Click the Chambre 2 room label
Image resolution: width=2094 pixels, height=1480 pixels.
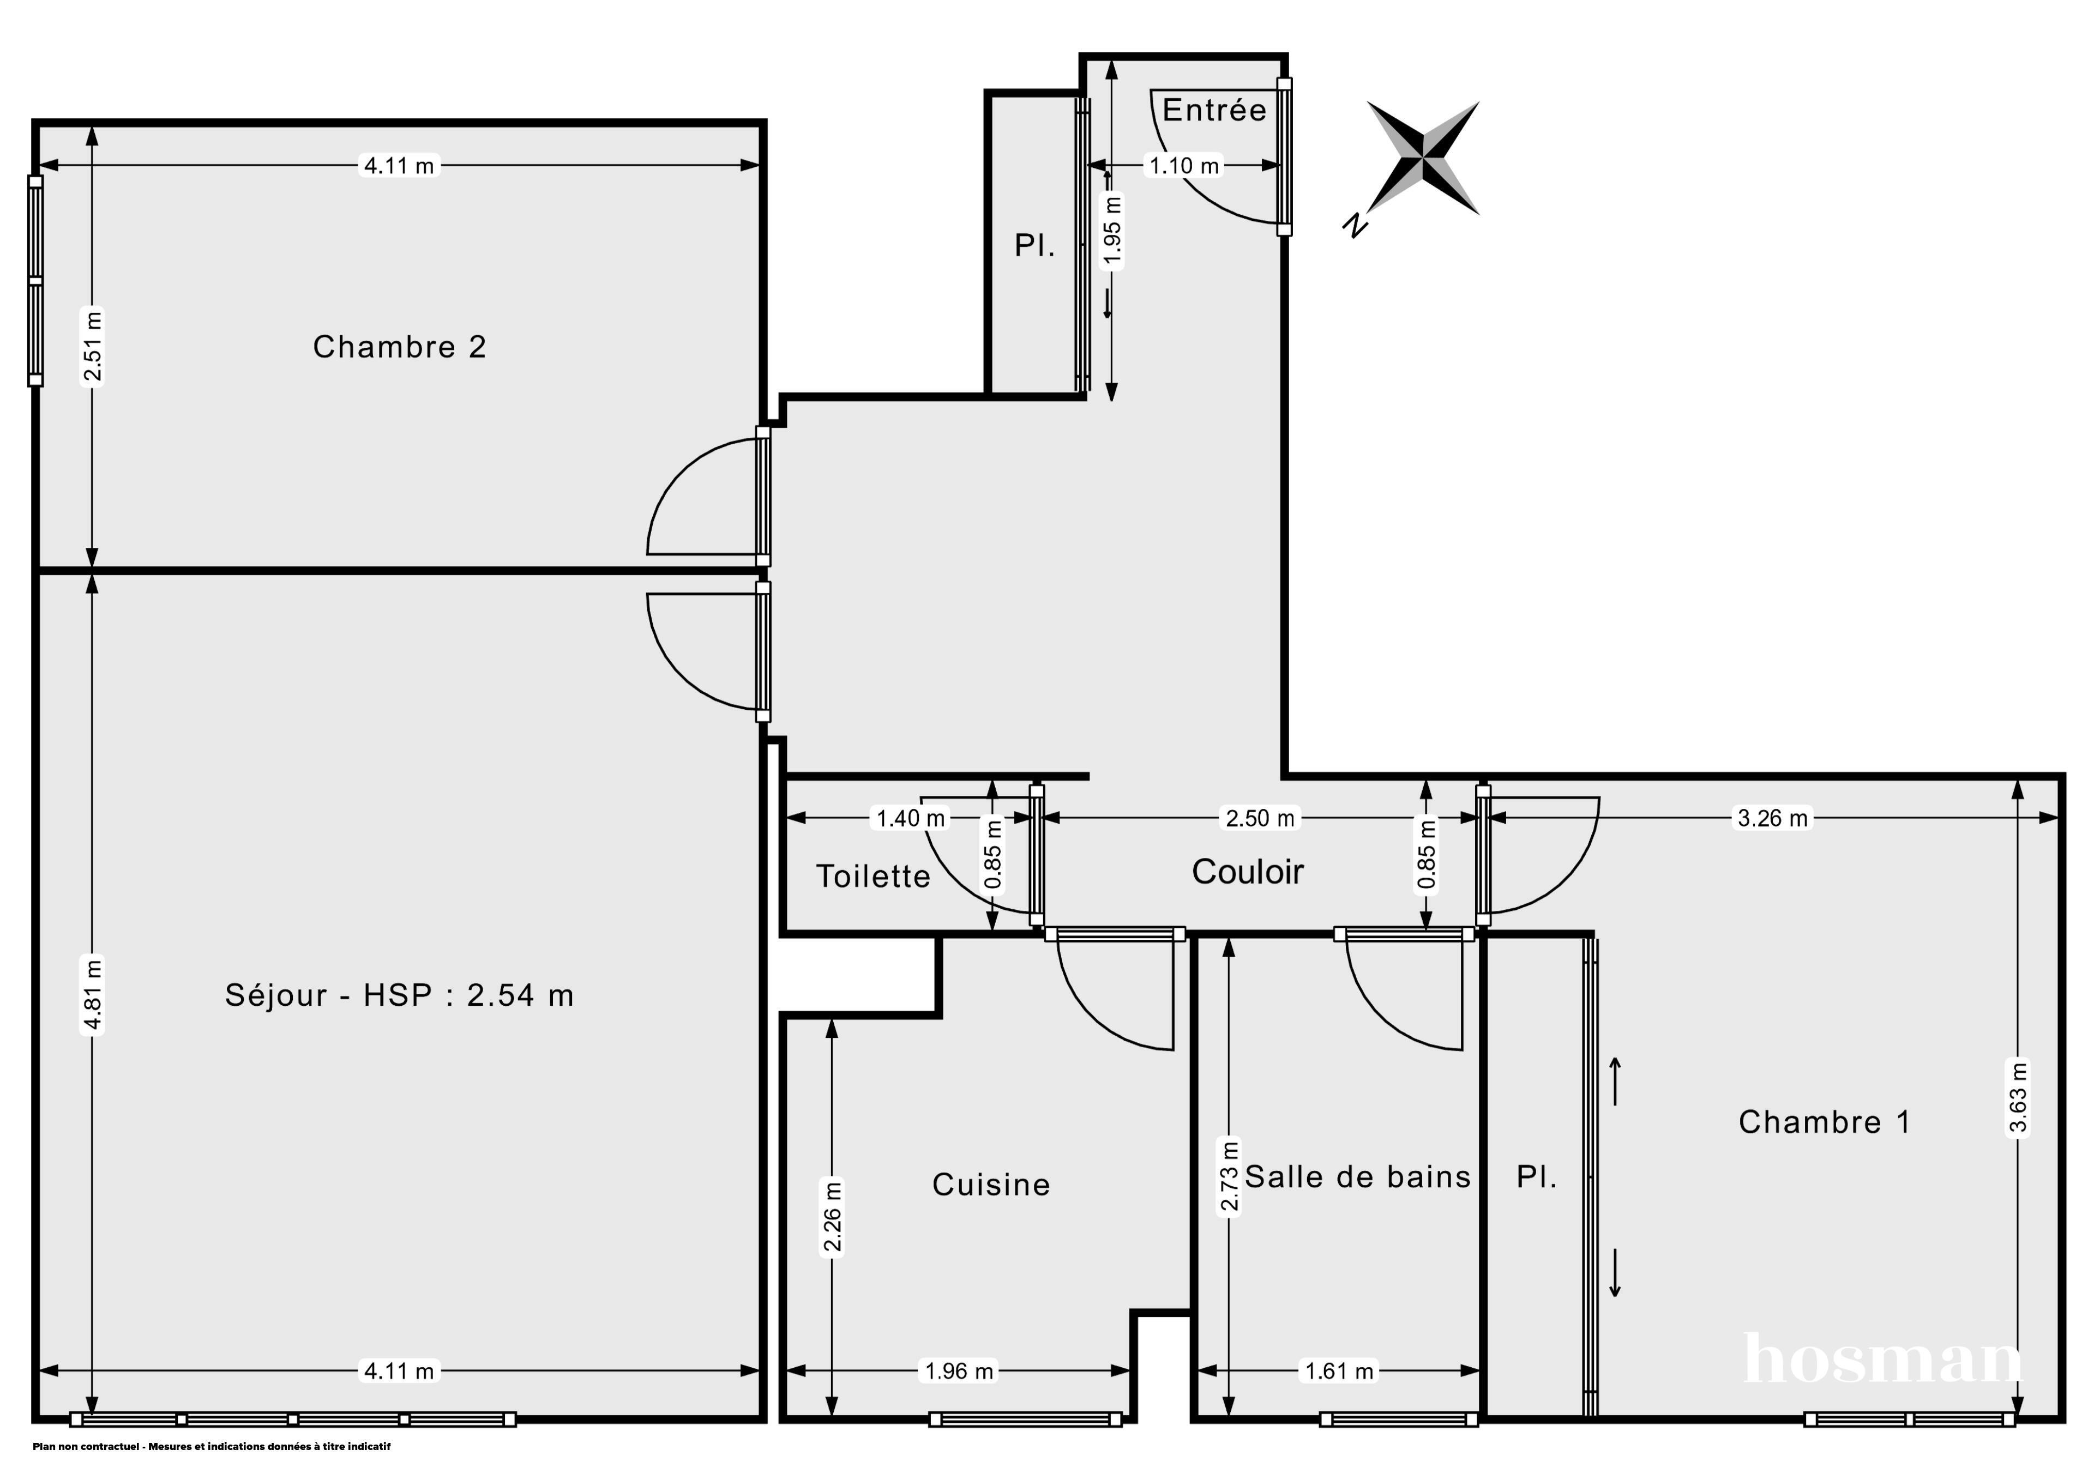[400, 347]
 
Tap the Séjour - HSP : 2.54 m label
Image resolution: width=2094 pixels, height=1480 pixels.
[400, 995]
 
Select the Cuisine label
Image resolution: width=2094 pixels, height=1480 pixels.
[991, 1185]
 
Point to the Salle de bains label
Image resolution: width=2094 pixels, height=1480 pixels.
[1358, 1177]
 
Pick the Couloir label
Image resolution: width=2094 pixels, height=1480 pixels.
[1248, 872]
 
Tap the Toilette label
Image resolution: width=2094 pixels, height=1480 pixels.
[873, 877]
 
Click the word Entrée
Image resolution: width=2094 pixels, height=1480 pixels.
[1214, 110]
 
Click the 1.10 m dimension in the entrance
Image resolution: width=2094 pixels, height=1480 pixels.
[1184, 166]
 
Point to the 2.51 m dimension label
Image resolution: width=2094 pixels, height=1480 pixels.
[92, 347]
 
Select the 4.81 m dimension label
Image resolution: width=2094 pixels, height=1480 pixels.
[92, 995]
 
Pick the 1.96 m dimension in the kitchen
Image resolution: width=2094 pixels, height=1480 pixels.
[959, 1370]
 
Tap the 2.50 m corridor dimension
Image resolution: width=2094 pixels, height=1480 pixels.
[1260, 818]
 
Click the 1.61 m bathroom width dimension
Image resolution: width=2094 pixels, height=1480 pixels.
[1339, 1370]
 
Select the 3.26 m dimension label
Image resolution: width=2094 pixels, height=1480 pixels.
[1772, 818]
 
